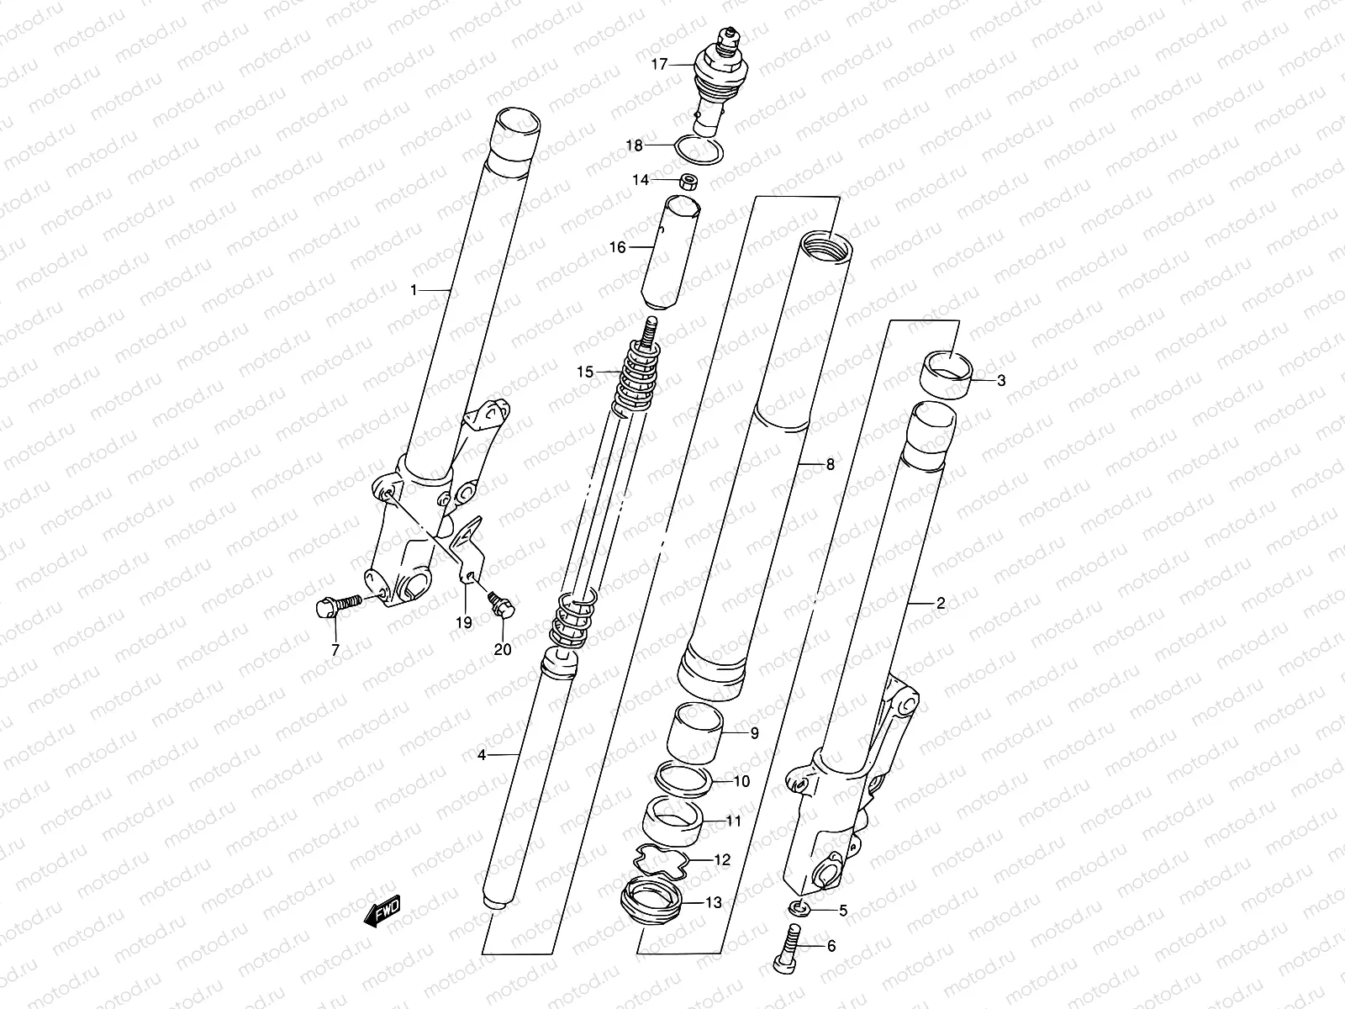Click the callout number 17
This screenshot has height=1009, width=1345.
tap(658, 63)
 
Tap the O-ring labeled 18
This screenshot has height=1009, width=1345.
tap(699, 151)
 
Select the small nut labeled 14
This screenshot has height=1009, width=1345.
tap(688, 181)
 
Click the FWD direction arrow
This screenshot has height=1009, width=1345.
tap(382, 911)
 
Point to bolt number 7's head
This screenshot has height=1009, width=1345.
tap(324, 606)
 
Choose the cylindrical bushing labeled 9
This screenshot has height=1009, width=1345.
tap(695, 729)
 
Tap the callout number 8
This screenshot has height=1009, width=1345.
tap(830, 464)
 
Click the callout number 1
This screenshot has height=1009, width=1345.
tap(414, 290)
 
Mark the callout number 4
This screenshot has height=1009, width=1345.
tap(482, 755)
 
